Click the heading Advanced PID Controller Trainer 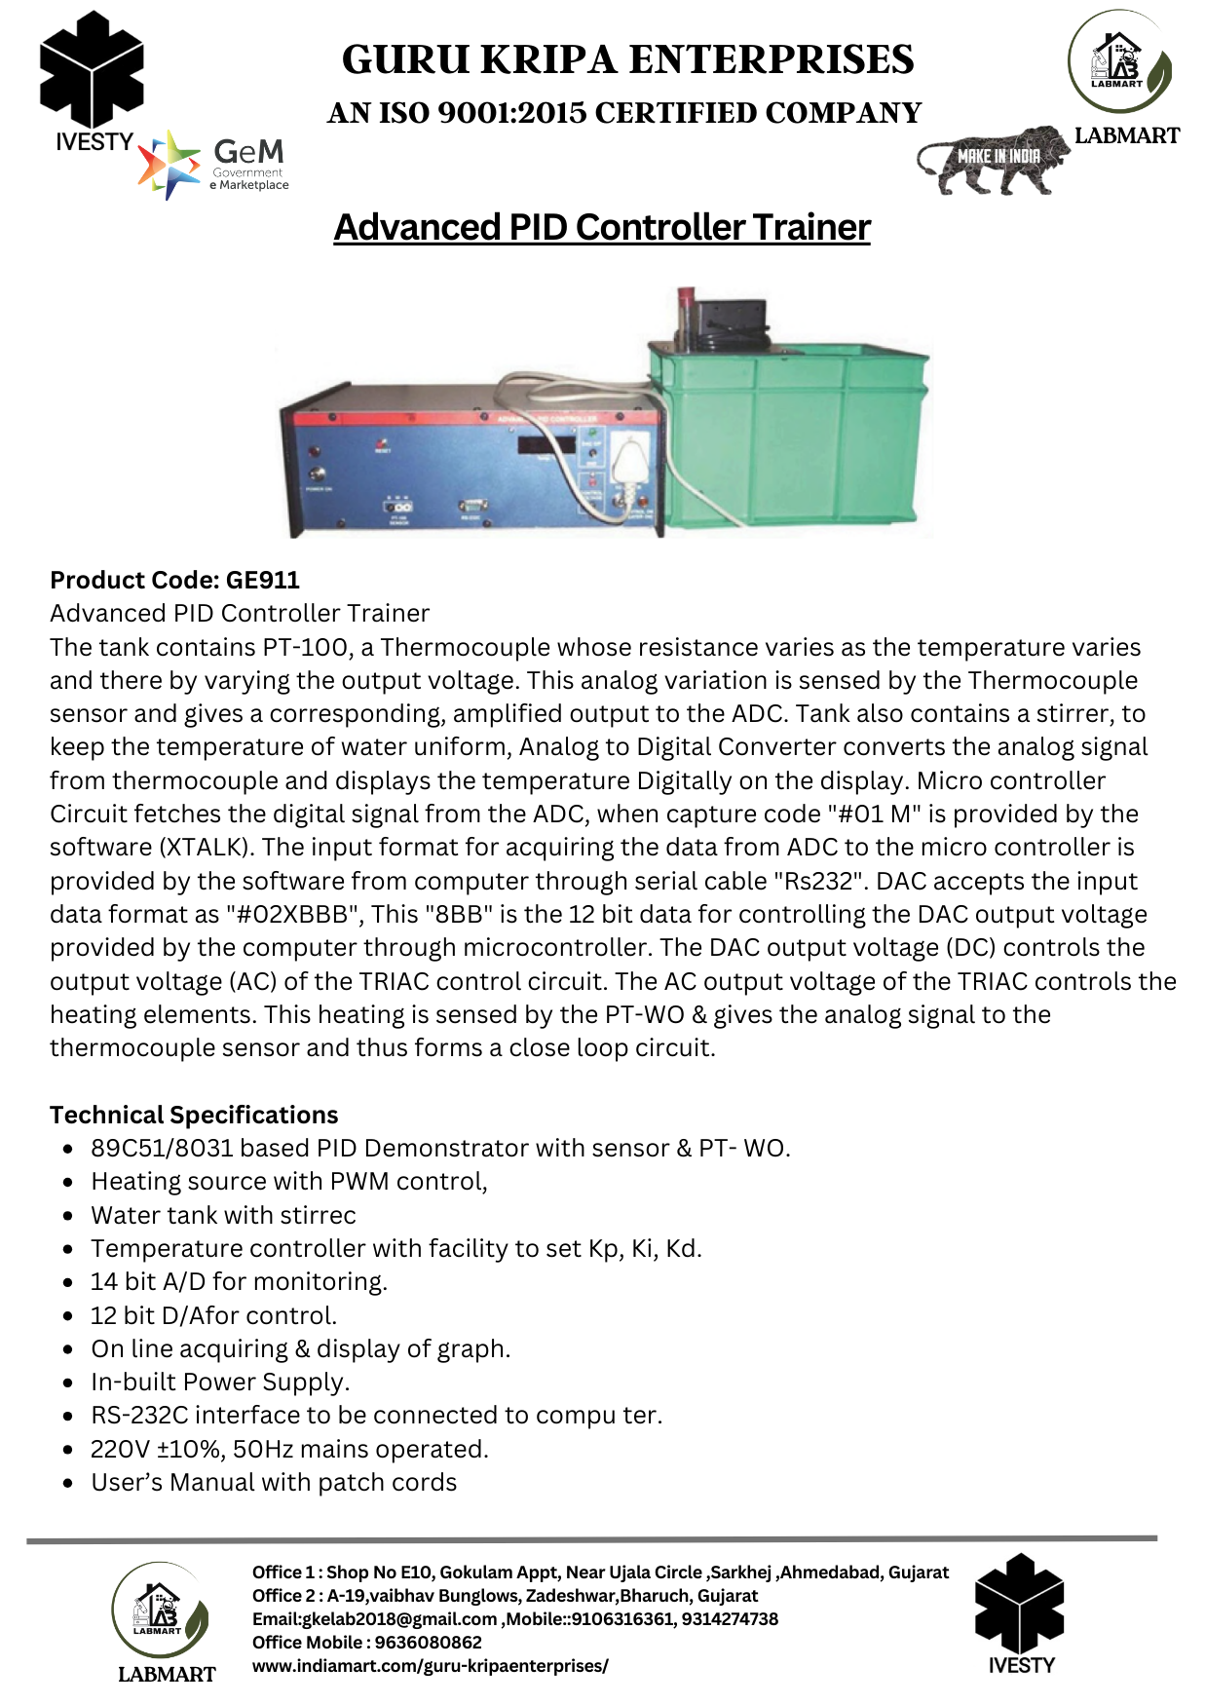pos(601,227)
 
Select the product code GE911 pos(262,580)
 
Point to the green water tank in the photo pos(789,438)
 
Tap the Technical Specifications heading pos(194,1115)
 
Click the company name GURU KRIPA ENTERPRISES pos(627,59)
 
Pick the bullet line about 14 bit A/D pos(239,1281)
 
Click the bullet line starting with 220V pos(289,1449)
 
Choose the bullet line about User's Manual pos(274,1482)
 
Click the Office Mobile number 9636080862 pos(429,1643)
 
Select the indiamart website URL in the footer pos(430,1666)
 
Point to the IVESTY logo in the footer pos(1020,1612)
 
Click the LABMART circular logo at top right pos(1120,63)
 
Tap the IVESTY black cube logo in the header pos(92,78)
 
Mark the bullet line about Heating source pos(289,1181)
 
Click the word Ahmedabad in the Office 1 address pos(829,1572)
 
